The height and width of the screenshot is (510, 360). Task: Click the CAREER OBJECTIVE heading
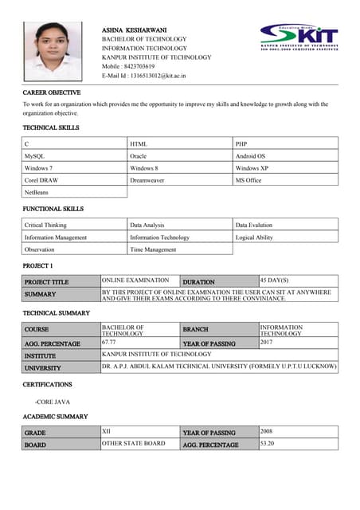(52, 93)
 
